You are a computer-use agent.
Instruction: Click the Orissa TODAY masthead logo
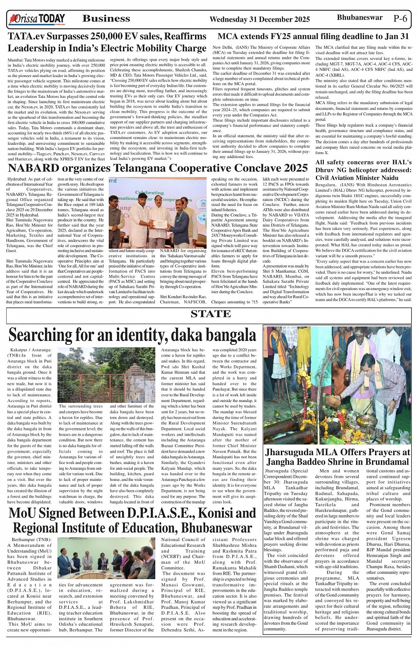(37, 19)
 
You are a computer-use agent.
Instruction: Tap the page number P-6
(400, 19)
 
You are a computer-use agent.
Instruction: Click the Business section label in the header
(106, 19)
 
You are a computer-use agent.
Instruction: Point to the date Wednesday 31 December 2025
(259, 19)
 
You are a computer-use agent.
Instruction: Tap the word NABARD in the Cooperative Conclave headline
(33, 168)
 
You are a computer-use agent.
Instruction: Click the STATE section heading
(211, 314)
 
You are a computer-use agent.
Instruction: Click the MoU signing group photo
(106, 558)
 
